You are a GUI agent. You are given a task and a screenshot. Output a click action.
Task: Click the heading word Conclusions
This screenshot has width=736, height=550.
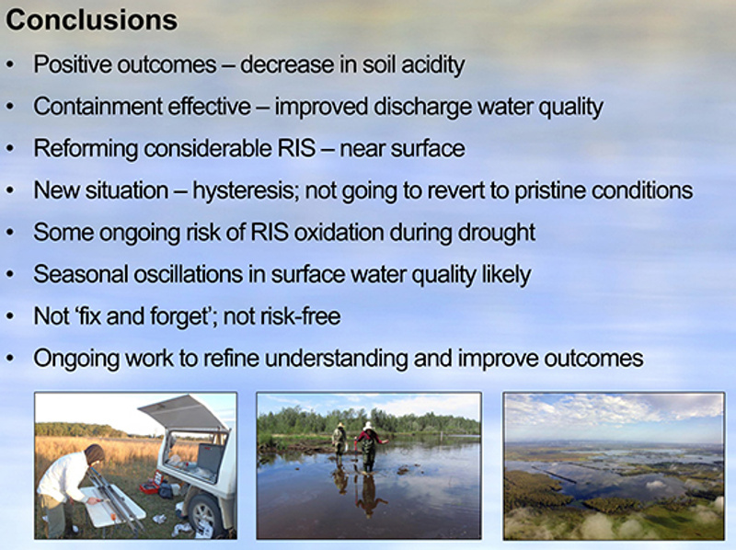click(92, 20)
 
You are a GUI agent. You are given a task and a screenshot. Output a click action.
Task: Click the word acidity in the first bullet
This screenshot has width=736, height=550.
click(432, 65)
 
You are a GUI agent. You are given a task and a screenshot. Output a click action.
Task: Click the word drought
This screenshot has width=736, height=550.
click(497, 233)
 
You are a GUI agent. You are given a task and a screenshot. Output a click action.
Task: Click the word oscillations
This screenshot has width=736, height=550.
click(188, 274)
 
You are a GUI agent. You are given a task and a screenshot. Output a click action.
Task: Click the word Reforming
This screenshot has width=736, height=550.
click(86, 149)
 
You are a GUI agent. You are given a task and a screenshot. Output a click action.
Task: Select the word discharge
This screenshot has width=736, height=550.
click(423, 107)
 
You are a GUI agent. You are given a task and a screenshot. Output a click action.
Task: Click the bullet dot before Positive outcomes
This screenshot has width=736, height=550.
click(10, 65)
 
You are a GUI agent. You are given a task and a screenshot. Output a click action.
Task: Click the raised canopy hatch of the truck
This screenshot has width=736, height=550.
click(184, 413)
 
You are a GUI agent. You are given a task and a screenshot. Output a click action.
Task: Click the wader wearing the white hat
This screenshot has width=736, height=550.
click(369, 446)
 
